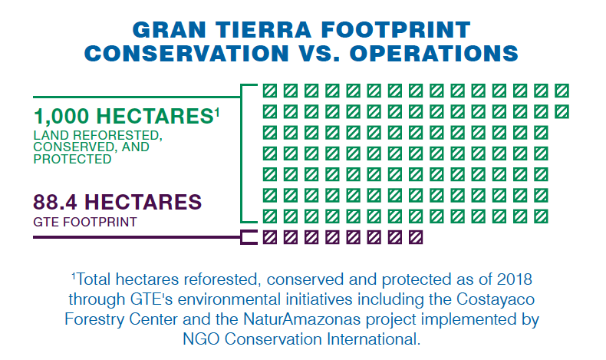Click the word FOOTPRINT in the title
396,30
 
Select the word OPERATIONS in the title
433,53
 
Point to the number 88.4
55,202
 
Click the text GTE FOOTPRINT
85,222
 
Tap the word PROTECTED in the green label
72,159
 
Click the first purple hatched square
270,237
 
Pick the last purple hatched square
416,237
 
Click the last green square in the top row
562,91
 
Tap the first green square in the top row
270,91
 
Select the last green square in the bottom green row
541,216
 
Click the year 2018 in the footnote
515,279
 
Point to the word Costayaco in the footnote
496,299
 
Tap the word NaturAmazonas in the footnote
301,319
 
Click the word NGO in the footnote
201,339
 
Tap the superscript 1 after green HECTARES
217,113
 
